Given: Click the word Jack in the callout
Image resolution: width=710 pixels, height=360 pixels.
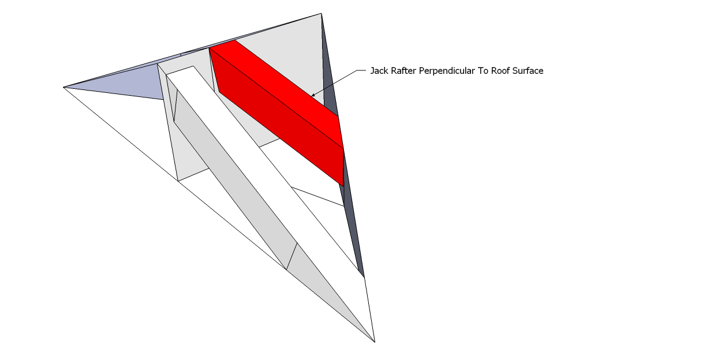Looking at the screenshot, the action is pos(378,71).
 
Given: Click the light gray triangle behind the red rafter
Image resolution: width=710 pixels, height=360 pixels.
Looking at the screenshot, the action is pos(289,46).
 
